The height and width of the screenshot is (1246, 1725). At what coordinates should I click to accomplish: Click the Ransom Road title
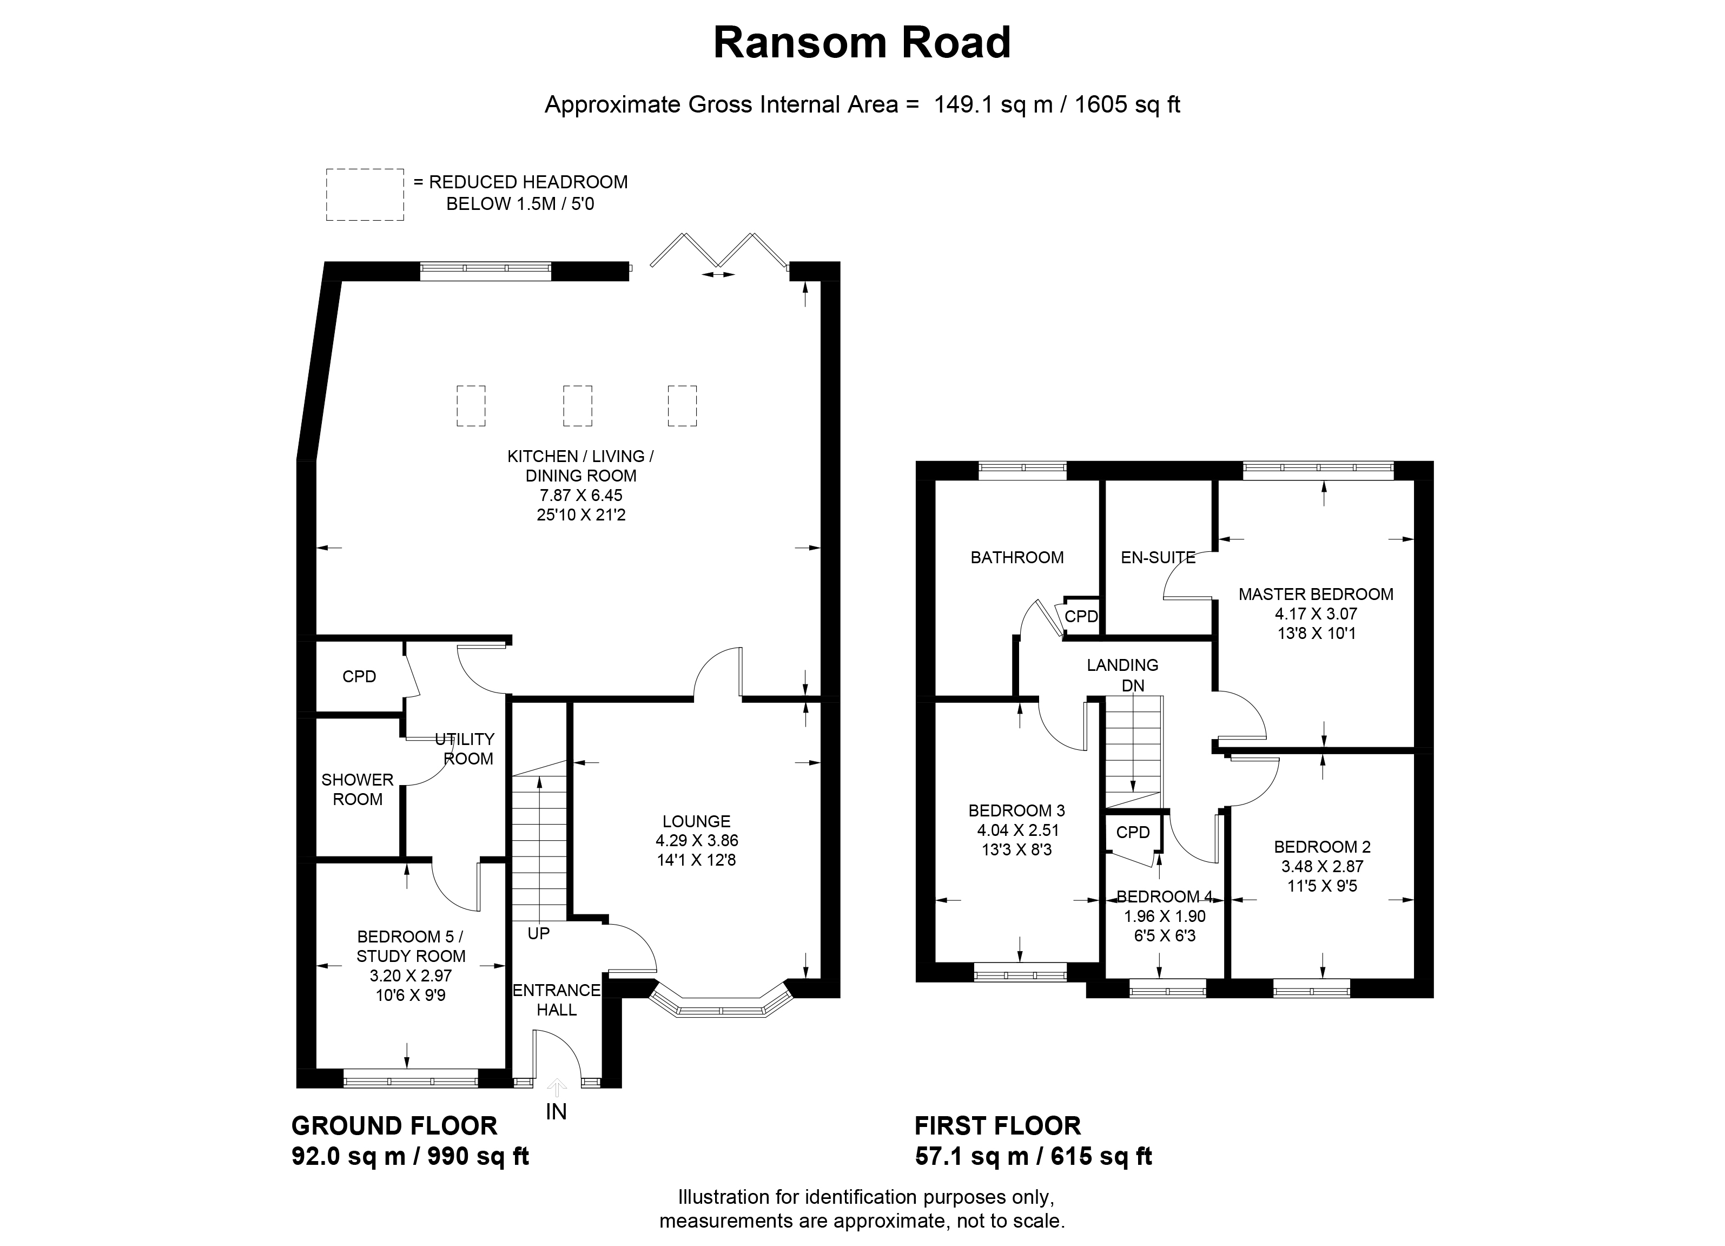pos(862,43)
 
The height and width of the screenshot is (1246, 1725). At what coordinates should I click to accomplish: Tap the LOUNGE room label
pos(696,821)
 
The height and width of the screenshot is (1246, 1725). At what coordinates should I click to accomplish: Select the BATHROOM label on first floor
pos(1017,558)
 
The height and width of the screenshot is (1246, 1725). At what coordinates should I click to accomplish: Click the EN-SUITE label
pos(1158,558)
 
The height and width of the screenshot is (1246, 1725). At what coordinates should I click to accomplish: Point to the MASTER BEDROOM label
pos(1316,594)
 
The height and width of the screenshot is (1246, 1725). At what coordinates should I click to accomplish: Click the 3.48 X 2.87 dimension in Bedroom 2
pos(1322,866)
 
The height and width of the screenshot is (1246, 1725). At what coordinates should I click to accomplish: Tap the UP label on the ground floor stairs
pos(539,933)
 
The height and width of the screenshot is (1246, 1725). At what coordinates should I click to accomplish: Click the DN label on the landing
pos(1133,685)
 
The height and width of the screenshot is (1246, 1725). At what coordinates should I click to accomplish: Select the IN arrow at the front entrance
pos(557,1089)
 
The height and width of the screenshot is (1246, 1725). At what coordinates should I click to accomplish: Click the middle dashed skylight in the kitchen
pos(577,405)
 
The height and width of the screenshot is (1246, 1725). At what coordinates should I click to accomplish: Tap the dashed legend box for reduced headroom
pos(365,195)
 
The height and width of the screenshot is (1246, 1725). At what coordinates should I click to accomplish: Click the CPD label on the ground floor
pos(359,676)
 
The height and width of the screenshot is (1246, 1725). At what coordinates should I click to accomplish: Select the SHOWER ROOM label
pos(358,789)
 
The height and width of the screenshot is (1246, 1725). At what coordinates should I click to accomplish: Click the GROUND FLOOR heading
pos(394,1126)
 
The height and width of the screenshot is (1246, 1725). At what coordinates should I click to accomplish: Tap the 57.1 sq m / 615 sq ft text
pos(1033,1157)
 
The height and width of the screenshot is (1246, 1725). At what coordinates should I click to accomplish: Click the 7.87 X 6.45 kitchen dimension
pos(580,495)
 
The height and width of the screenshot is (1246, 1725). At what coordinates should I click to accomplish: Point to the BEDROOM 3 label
pos(1016,811)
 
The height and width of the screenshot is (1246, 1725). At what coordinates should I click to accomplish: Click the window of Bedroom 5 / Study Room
pos(411,1078)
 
